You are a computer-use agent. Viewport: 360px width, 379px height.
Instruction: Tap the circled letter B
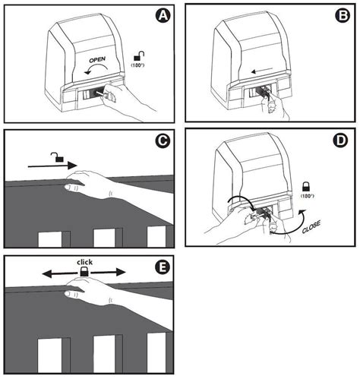point(341,15)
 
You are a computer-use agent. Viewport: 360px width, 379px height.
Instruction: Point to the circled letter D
point(341,141)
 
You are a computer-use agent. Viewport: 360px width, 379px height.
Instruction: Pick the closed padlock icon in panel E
point(85,271)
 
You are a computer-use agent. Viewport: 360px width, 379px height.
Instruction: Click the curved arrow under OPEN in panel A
point(93,72)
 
